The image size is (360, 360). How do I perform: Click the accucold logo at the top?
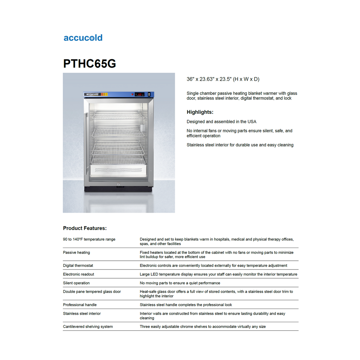pos(83,38)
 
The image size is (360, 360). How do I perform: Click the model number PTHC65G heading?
pos(89,64)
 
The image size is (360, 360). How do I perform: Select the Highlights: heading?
pos(200,112)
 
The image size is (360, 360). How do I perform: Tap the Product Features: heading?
pos(85,228)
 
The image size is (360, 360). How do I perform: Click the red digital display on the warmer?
pos(140,94)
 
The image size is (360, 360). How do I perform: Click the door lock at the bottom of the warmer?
pos(119,184)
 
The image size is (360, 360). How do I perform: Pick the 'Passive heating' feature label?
pos(76,253)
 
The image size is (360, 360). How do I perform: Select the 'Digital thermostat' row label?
pos(78,265)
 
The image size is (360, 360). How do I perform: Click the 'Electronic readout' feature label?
pos(78,274)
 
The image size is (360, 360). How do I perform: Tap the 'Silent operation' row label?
pos(76,283)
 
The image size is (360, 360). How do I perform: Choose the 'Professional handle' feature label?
pos(80,305)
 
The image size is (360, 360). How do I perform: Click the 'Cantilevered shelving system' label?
pos(88,327)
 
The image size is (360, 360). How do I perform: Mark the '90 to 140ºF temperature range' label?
pos(89,239)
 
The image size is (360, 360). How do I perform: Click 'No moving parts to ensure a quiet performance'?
pos(180,283)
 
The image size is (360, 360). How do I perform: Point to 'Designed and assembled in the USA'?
pos(221,121)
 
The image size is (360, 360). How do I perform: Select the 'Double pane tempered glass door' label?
pos(92,292)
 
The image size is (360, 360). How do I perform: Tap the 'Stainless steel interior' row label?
pos(82,313)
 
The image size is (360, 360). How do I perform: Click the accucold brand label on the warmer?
pos(92,94)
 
